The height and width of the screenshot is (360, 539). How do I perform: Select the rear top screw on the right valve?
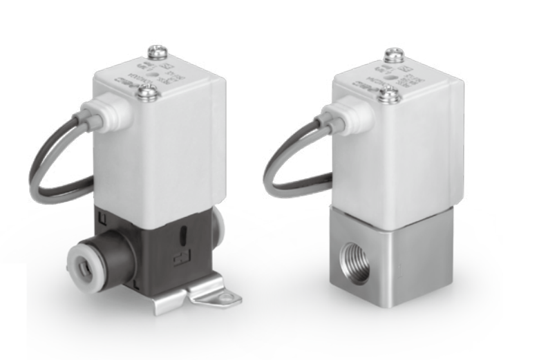pyautogui.click(x=394, y=54)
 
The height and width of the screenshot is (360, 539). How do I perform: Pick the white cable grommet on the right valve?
pyautogui.click(x=330, y=114)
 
